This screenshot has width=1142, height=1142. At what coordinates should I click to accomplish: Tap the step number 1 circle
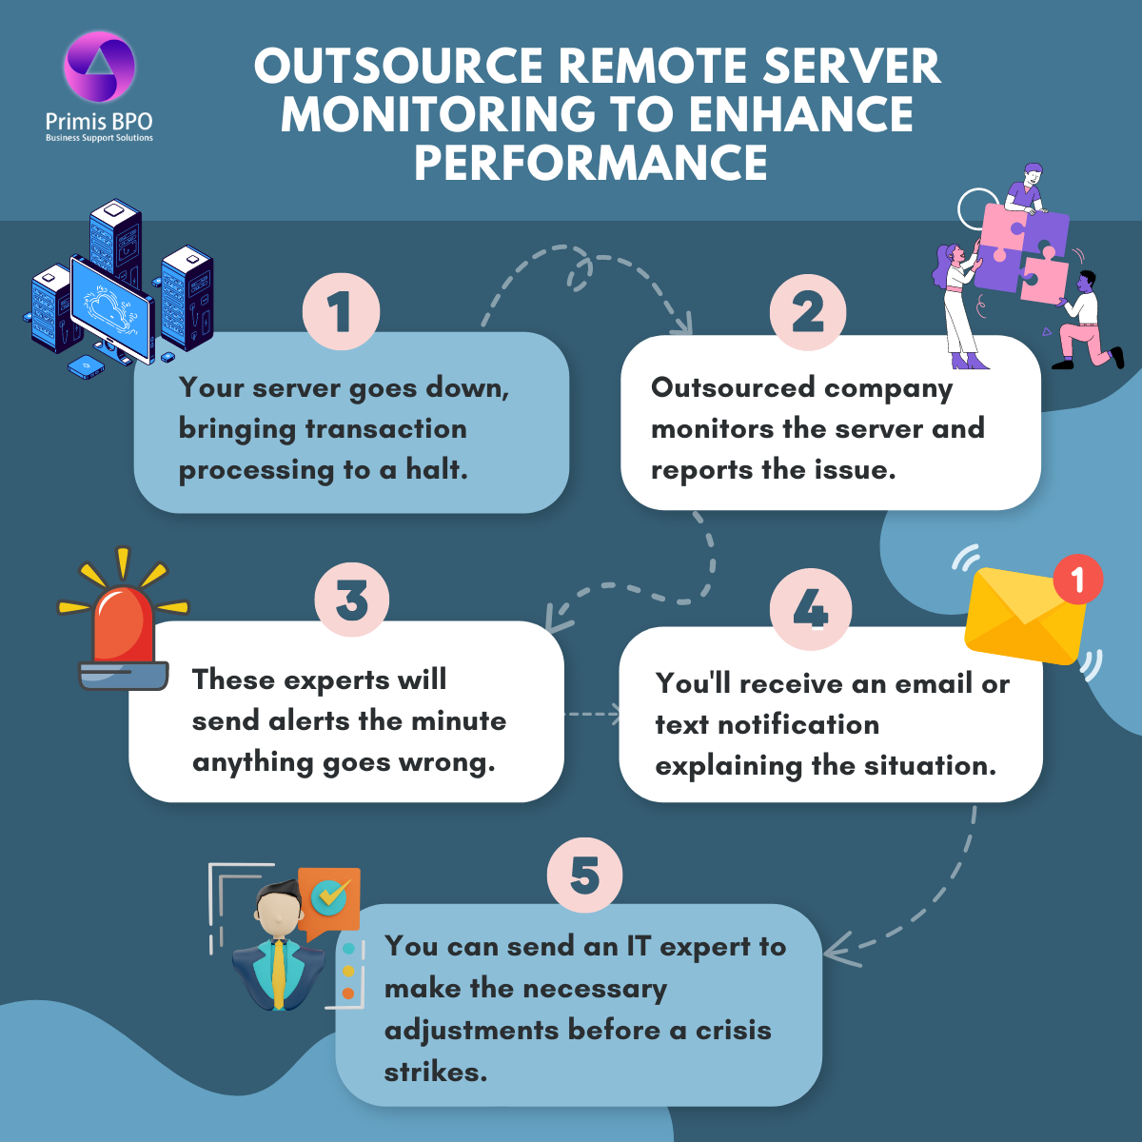tap(341, 311)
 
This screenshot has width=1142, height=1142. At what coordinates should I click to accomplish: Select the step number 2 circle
tap(808, 311)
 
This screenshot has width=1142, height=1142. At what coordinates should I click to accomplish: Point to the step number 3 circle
tap(352, 600)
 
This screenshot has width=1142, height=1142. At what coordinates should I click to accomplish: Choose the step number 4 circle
tap(810, 609)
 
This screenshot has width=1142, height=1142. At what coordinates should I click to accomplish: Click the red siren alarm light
tap(122, 628)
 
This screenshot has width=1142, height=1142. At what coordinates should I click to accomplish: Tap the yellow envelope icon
tap(1023, 617)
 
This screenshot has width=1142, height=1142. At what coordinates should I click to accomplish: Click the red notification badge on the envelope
tap(1077, 579)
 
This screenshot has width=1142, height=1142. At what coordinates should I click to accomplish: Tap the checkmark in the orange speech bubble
tap(329, 895)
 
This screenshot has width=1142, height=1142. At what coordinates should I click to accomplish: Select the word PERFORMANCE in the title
tap(590, 163)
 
